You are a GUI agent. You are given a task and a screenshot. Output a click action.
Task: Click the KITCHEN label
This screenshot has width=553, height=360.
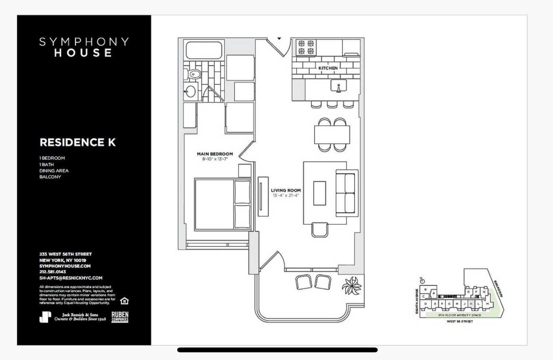click(328, 68)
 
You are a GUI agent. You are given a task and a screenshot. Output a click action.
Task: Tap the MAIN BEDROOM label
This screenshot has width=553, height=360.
click(215, 154)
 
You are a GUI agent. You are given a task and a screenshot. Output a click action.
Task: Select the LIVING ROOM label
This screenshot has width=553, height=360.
click(286, 190)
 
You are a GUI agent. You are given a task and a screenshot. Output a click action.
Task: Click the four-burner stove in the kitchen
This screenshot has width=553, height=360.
click(306, 47)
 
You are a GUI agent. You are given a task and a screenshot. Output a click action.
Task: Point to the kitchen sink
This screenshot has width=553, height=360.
click(338, 87)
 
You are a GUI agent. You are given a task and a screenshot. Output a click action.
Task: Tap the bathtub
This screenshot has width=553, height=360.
click(204, 50)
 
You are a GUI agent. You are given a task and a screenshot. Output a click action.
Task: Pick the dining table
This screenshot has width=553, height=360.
click(332, 135)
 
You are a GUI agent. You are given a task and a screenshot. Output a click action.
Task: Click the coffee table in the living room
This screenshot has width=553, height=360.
click(320, 193)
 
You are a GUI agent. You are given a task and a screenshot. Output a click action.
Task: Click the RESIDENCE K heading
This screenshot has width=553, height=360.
click(78, 142)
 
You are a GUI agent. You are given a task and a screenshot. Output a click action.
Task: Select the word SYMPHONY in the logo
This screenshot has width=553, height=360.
click(84, 42)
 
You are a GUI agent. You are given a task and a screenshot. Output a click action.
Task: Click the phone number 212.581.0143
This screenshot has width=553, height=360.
click(53, 272)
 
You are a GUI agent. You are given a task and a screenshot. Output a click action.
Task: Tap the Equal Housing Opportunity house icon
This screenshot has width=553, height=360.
click(125, 301)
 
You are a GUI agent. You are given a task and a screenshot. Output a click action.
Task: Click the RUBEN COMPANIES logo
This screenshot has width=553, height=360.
click(120, 317)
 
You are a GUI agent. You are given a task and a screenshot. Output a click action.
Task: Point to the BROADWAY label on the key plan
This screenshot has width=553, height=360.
click(498, 288)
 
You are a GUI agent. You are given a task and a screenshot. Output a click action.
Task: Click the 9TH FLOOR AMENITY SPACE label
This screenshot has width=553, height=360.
click(459, 315)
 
